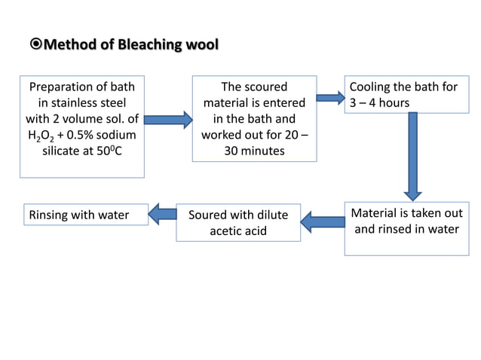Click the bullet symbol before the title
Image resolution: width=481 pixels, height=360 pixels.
click(36, 45)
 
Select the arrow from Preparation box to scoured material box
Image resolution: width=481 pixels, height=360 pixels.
click(167, 120)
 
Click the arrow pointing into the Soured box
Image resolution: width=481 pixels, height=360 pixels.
click(322, 221)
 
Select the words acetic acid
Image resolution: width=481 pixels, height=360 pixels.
click(237, 231)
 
